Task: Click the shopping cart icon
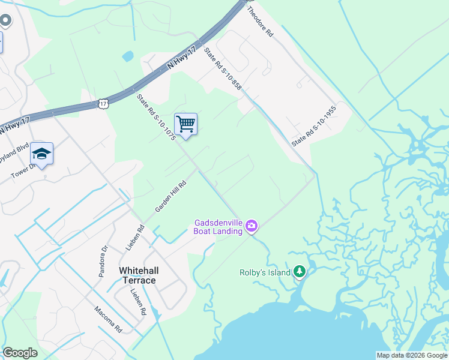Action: click(185, 124)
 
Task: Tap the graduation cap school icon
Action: click(42, 154)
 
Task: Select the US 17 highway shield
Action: click(104, 104)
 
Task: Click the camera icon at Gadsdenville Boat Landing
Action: click(252, 226)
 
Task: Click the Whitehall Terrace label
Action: click(138, 275)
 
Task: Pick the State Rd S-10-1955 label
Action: click(313, 127)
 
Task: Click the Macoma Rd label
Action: click(108, 320)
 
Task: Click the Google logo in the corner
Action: click(20, 353)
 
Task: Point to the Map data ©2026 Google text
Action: click(412, 355)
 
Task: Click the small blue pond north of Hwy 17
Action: click(128, 57)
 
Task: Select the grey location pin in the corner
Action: click(6, 22)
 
